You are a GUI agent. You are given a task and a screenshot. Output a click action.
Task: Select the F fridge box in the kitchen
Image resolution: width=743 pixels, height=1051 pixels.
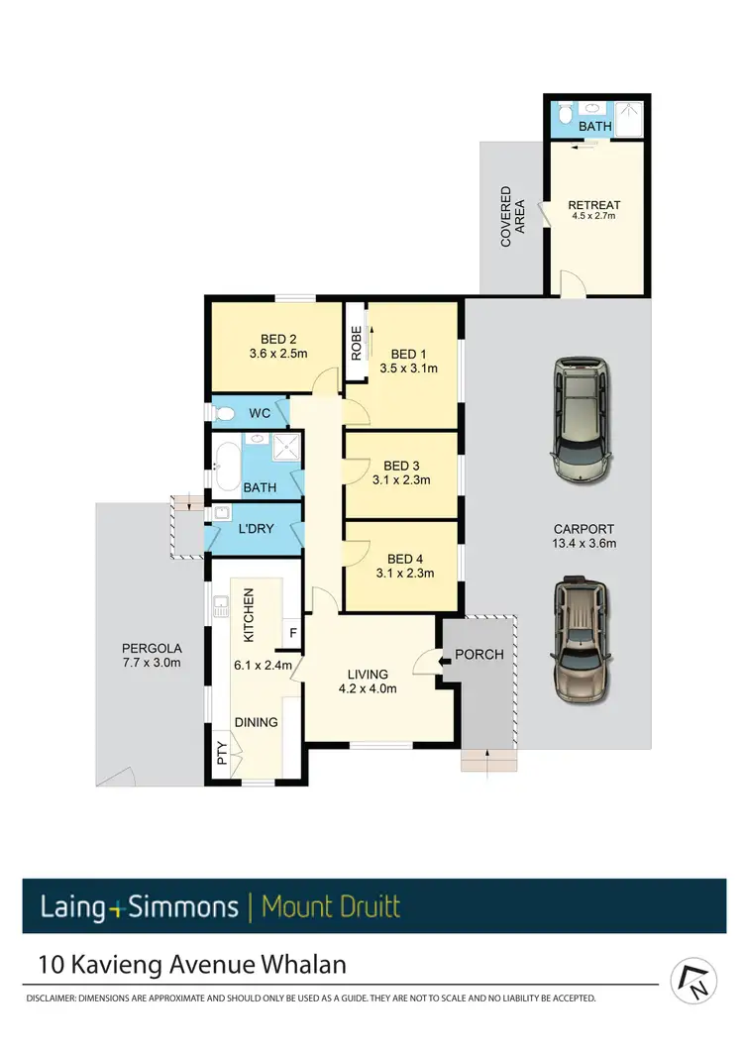click(292, 630)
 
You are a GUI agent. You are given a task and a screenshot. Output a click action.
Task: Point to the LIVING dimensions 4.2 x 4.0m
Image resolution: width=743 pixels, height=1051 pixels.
click(368, 688)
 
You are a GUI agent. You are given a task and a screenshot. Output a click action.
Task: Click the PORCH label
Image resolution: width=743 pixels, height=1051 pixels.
click(479, 655)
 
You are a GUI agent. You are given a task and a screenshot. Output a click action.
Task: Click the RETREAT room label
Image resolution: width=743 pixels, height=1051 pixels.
click(594, 205)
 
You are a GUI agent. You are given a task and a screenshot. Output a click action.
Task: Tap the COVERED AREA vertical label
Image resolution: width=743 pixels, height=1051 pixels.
click(512, 216)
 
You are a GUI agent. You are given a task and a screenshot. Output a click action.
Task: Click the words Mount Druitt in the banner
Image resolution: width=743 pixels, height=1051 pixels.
click(332, 905)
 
